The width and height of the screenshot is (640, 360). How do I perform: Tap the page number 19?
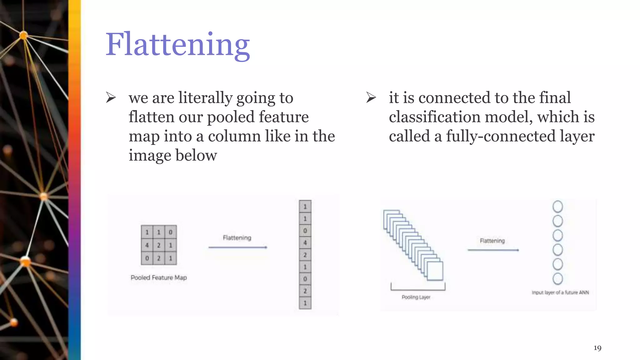(597, 348)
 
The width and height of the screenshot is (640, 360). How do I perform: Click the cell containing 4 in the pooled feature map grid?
(147, 245)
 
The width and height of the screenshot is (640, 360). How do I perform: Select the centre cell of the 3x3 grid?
(159, 245)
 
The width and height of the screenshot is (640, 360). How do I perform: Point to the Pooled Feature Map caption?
(159, 277)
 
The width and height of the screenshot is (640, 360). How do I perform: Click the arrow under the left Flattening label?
(237, 247)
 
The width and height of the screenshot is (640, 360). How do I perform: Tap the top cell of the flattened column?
(305, 207)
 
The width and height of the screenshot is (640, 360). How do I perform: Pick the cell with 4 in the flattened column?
(305, 242)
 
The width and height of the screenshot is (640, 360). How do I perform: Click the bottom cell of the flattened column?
(305, 303)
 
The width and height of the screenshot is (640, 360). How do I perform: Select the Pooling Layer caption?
(416, 297)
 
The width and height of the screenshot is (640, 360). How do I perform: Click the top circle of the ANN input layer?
(558, 207)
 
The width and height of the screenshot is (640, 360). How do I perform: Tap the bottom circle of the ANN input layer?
(558, 278)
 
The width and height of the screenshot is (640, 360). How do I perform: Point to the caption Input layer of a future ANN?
(560, 292)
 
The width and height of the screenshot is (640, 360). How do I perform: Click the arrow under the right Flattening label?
(493, 250)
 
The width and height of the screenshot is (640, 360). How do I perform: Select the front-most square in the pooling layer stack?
(435, 271)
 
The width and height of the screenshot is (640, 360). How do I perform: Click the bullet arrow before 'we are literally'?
(111, 98)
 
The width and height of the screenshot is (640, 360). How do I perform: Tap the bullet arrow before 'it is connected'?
(371, 98)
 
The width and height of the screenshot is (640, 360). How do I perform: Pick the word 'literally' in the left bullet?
(205, 98)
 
